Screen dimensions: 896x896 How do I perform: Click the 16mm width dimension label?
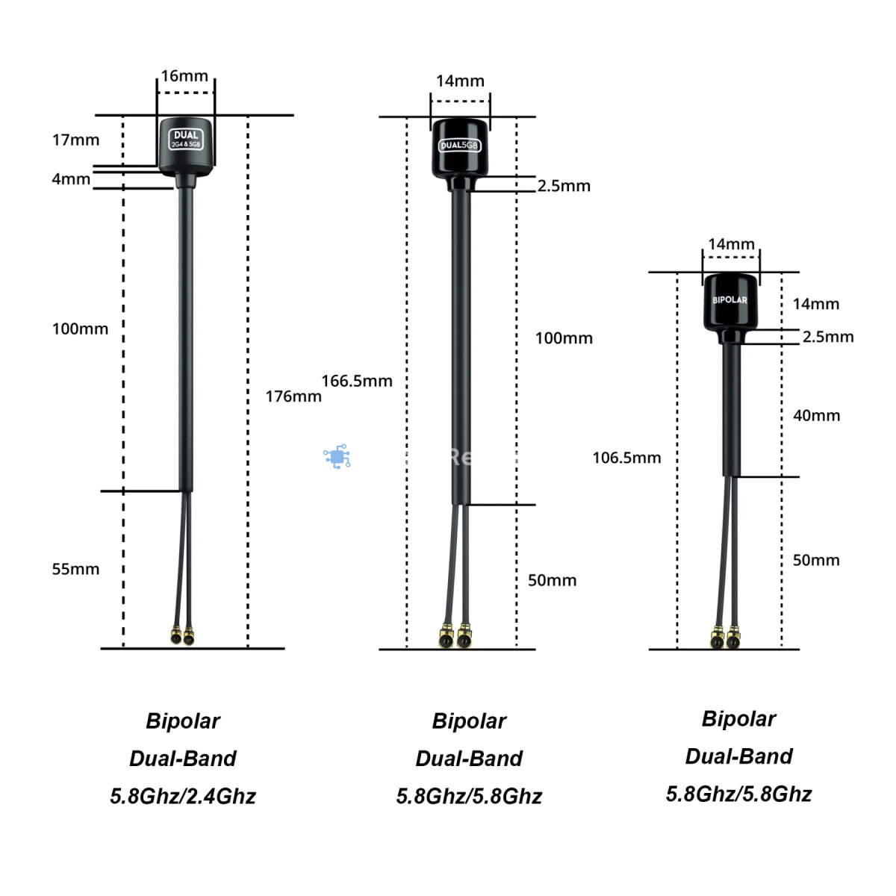click(x=184, y=76)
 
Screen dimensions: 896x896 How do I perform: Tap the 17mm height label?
click(x=75, y=140)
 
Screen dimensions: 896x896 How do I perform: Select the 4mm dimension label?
click(x=71, y=179)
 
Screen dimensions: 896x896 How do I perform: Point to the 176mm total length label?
click(x=293, y=396)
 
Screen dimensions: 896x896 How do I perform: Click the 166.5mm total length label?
click(x=357, y=381)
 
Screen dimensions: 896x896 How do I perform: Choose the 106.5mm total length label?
click(x=626, y=458)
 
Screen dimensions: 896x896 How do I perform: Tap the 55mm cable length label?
click(x=75, y=569)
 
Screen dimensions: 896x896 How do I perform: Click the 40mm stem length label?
click(x=816, y=416)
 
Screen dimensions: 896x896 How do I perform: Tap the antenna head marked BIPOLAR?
click(x=729, y=303)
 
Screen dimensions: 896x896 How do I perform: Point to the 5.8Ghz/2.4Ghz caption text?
click(x=183, y=796)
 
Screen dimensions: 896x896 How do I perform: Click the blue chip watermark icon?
click(x=337, y=456)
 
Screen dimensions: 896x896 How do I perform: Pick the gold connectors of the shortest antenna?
click(x=724, y=639)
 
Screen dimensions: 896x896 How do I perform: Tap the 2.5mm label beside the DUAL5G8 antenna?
click(x=564, y=186)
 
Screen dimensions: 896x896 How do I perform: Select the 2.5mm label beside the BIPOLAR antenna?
click(x=828, y=337)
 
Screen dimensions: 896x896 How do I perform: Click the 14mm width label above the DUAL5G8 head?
click(x=460, y=81)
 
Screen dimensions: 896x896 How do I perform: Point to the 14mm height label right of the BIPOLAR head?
click(x=816, y=304)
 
